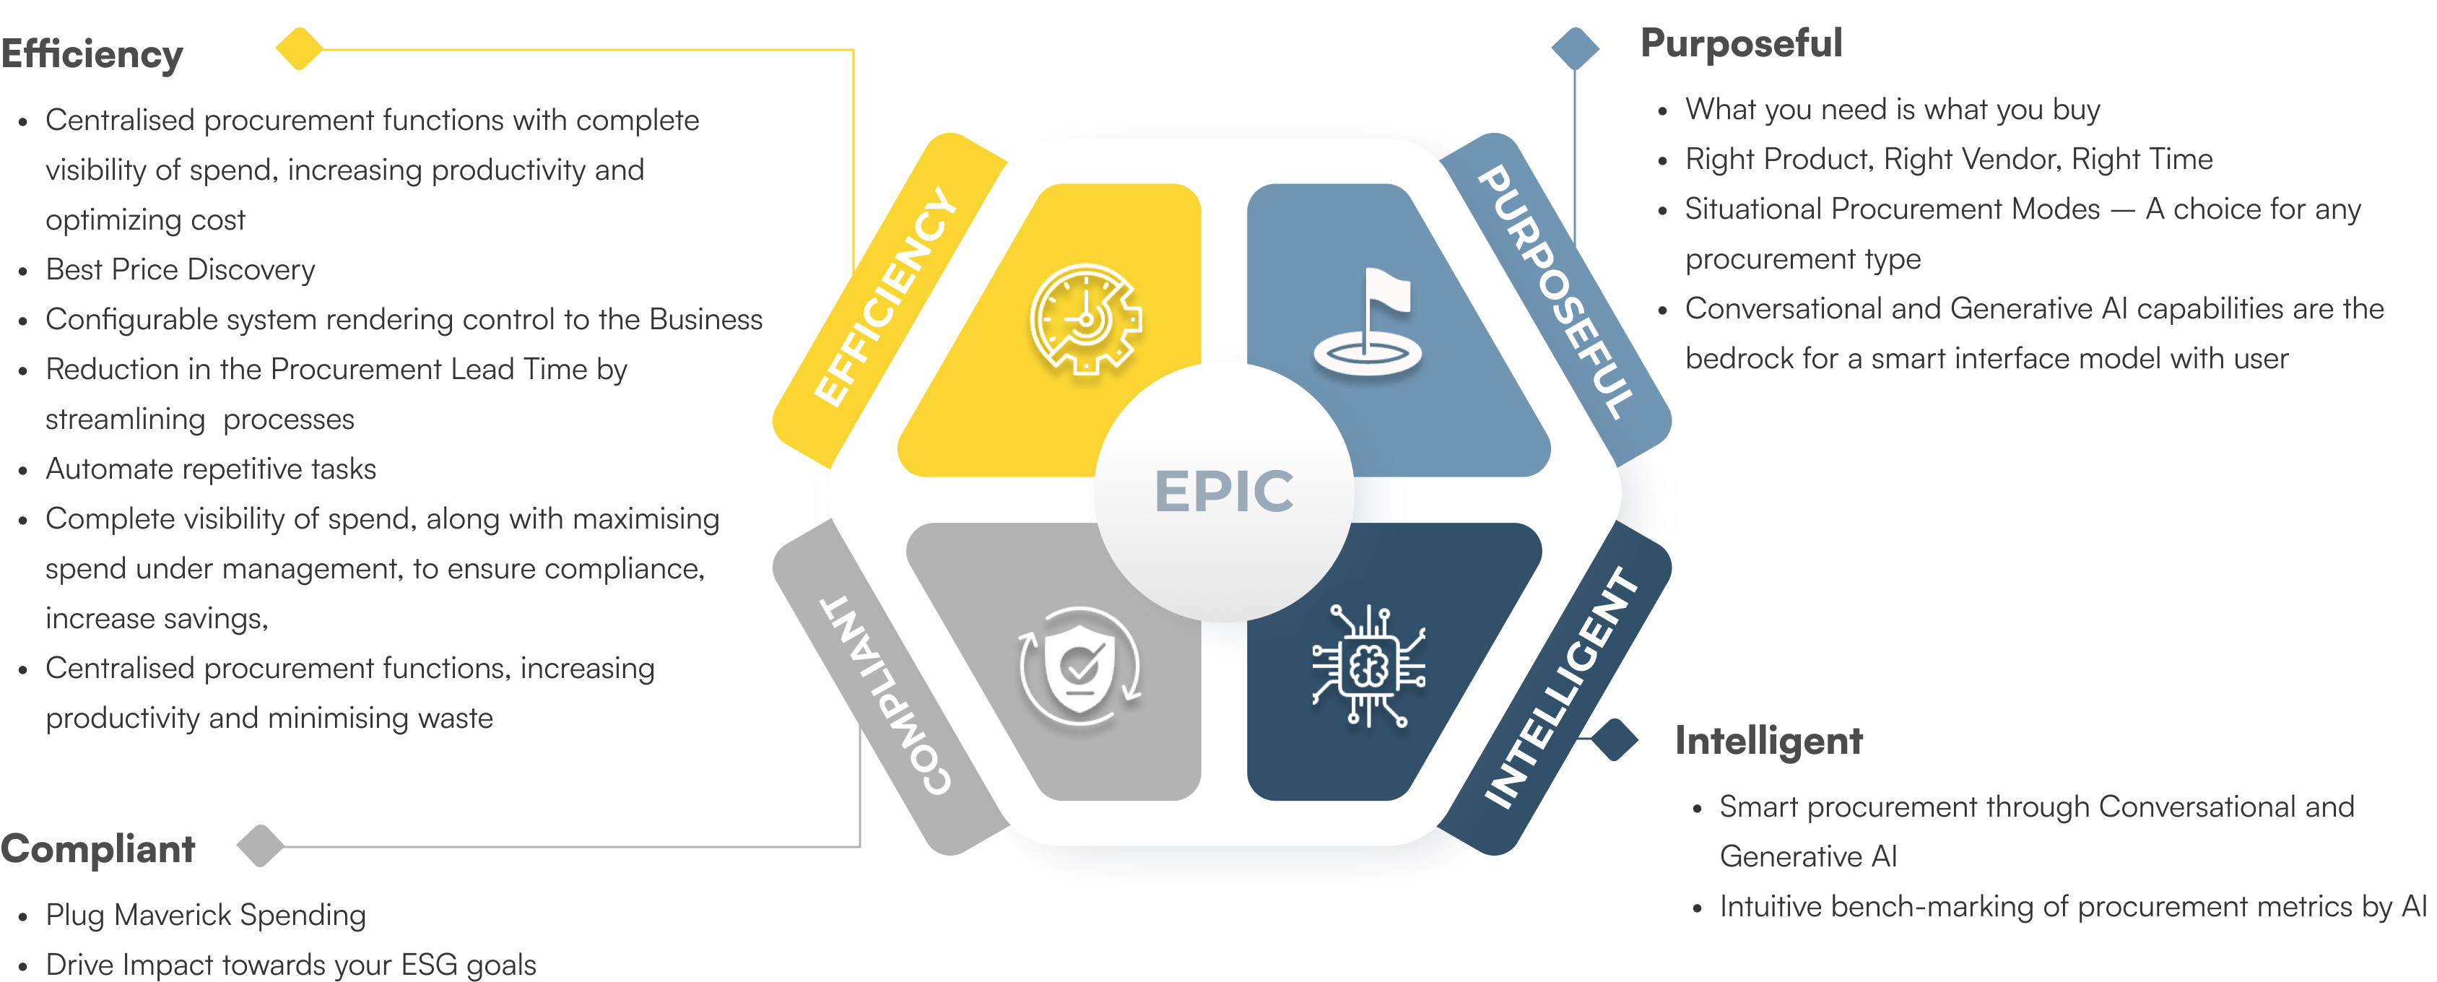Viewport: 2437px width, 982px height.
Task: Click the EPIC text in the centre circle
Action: click(1223, 491)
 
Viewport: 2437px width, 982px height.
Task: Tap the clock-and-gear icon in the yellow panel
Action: click(1085, 319)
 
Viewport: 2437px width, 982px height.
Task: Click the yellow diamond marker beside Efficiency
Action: click(299, 49)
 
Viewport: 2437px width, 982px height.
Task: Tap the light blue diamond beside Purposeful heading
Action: click(1575, 48)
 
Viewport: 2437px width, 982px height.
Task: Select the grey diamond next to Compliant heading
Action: click(260, 845)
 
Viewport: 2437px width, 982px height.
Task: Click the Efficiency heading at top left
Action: click(92, 54)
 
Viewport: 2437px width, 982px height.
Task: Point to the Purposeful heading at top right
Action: click(1741, 43)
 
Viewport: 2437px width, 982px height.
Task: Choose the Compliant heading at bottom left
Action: click(97, 848)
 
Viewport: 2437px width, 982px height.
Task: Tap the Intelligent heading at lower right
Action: click(1768, 740)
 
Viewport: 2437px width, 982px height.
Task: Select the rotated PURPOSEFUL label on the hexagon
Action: click(1555, 292)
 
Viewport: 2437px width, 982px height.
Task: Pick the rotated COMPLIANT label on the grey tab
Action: click(885, 695)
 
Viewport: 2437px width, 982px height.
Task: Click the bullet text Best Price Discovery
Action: click(180, 269)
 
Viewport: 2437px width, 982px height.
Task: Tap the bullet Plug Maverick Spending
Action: click(205, 915)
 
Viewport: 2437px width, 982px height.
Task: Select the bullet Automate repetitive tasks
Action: click(210, 469)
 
